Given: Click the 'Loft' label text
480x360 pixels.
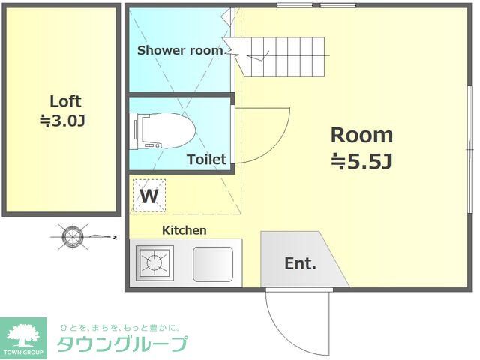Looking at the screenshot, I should click(x=65, y=101).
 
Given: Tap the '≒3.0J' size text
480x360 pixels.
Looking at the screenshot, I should click(x=65, y=120).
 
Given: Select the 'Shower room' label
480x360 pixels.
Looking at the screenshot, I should click(x=180, y=51).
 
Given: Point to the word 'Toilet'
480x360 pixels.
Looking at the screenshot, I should click(x=206, y=159).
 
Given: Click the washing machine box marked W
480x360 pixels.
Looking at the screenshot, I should click(x=149, y=196).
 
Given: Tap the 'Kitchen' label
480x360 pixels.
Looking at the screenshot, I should click(x=184, y=230).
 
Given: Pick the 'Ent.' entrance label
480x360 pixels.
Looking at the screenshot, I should click(x=300, y=263).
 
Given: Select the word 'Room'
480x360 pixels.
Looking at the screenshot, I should click(x=361, y=136).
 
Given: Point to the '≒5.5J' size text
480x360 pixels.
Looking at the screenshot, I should click(x=362, y=160).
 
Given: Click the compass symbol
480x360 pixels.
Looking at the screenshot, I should click(x=72, y=237).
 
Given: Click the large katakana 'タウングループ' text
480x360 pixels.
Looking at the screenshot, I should click(x=122, y=345).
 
